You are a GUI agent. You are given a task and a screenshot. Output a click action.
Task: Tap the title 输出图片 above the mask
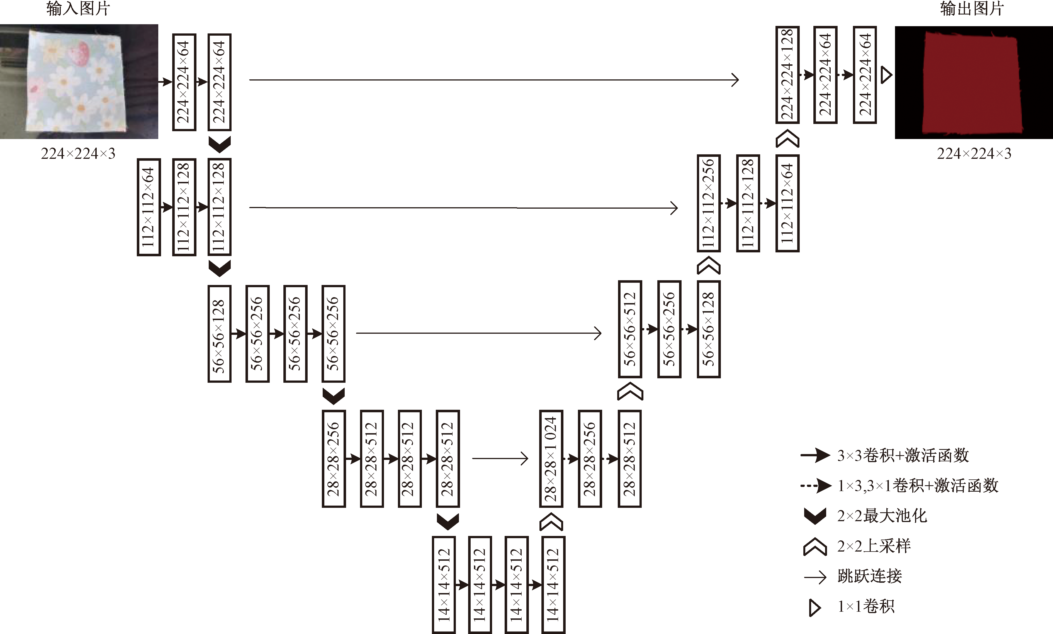tap(972, 9)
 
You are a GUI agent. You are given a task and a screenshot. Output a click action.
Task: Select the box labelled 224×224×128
tap(787, 75)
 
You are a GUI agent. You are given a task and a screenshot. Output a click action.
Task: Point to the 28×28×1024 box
tap(551, 459)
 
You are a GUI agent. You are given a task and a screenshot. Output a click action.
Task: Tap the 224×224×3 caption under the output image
tap(974, 154)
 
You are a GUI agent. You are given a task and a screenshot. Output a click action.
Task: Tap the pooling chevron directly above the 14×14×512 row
tap(448, 521)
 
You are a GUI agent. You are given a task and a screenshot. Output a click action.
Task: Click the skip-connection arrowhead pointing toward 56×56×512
tap(598, 333)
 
